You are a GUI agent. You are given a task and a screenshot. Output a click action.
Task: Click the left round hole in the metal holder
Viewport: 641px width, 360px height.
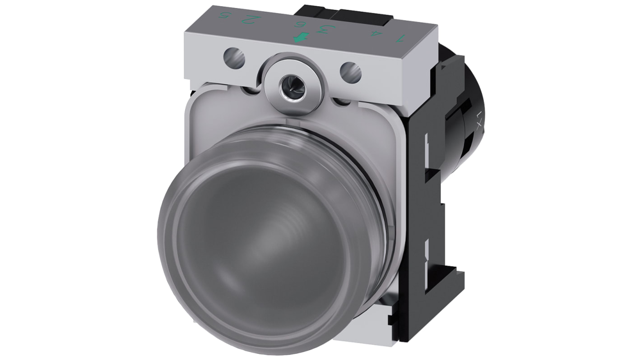point(234,56)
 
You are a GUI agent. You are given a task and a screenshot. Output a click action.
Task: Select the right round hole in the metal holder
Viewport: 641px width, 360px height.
point(351,71)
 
